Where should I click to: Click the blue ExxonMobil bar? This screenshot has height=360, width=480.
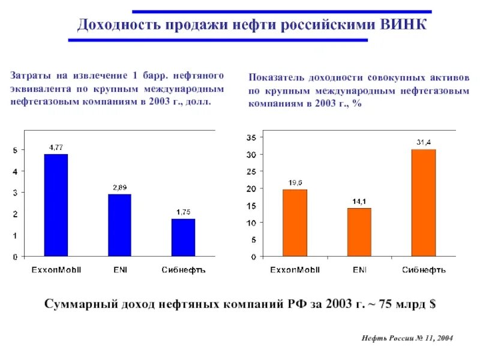(x=56, y=205)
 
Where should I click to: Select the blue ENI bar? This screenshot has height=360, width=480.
(x=119, y=225)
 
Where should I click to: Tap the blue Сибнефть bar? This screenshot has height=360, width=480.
(x=183, y=238)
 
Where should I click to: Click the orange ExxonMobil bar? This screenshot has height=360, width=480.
(x=295, y=223)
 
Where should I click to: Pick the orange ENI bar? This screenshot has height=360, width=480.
(x=359, y=232)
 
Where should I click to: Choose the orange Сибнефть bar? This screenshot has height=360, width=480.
(x=424, y=203)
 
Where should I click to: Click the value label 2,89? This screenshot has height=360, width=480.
(x=119, y=187)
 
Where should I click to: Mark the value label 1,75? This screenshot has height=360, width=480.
(x=183, y=212)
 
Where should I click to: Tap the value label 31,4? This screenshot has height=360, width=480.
(x=424, y=142)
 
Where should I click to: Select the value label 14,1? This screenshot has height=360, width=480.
(x=359, y=202)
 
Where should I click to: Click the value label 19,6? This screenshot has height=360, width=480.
(x=295, y=182)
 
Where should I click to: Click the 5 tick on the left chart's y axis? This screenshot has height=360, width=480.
(x=16, y=149)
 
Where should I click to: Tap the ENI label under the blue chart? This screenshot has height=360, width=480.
(x=119, y=269)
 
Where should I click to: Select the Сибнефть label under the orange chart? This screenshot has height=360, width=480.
(x=424, y=269)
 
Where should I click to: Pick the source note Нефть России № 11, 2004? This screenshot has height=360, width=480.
(x=407, y=339)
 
